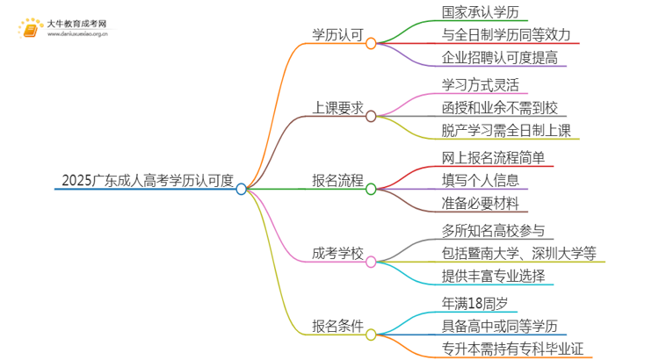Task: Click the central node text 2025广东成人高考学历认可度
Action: point(148,181)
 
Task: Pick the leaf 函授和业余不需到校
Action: point(499,108)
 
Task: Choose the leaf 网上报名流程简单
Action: point(499,158)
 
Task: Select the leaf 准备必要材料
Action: point(480,204)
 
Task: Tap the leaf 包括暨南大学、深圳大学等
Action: point(519,254)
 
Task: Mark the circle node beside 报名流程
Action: point(371,188)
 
